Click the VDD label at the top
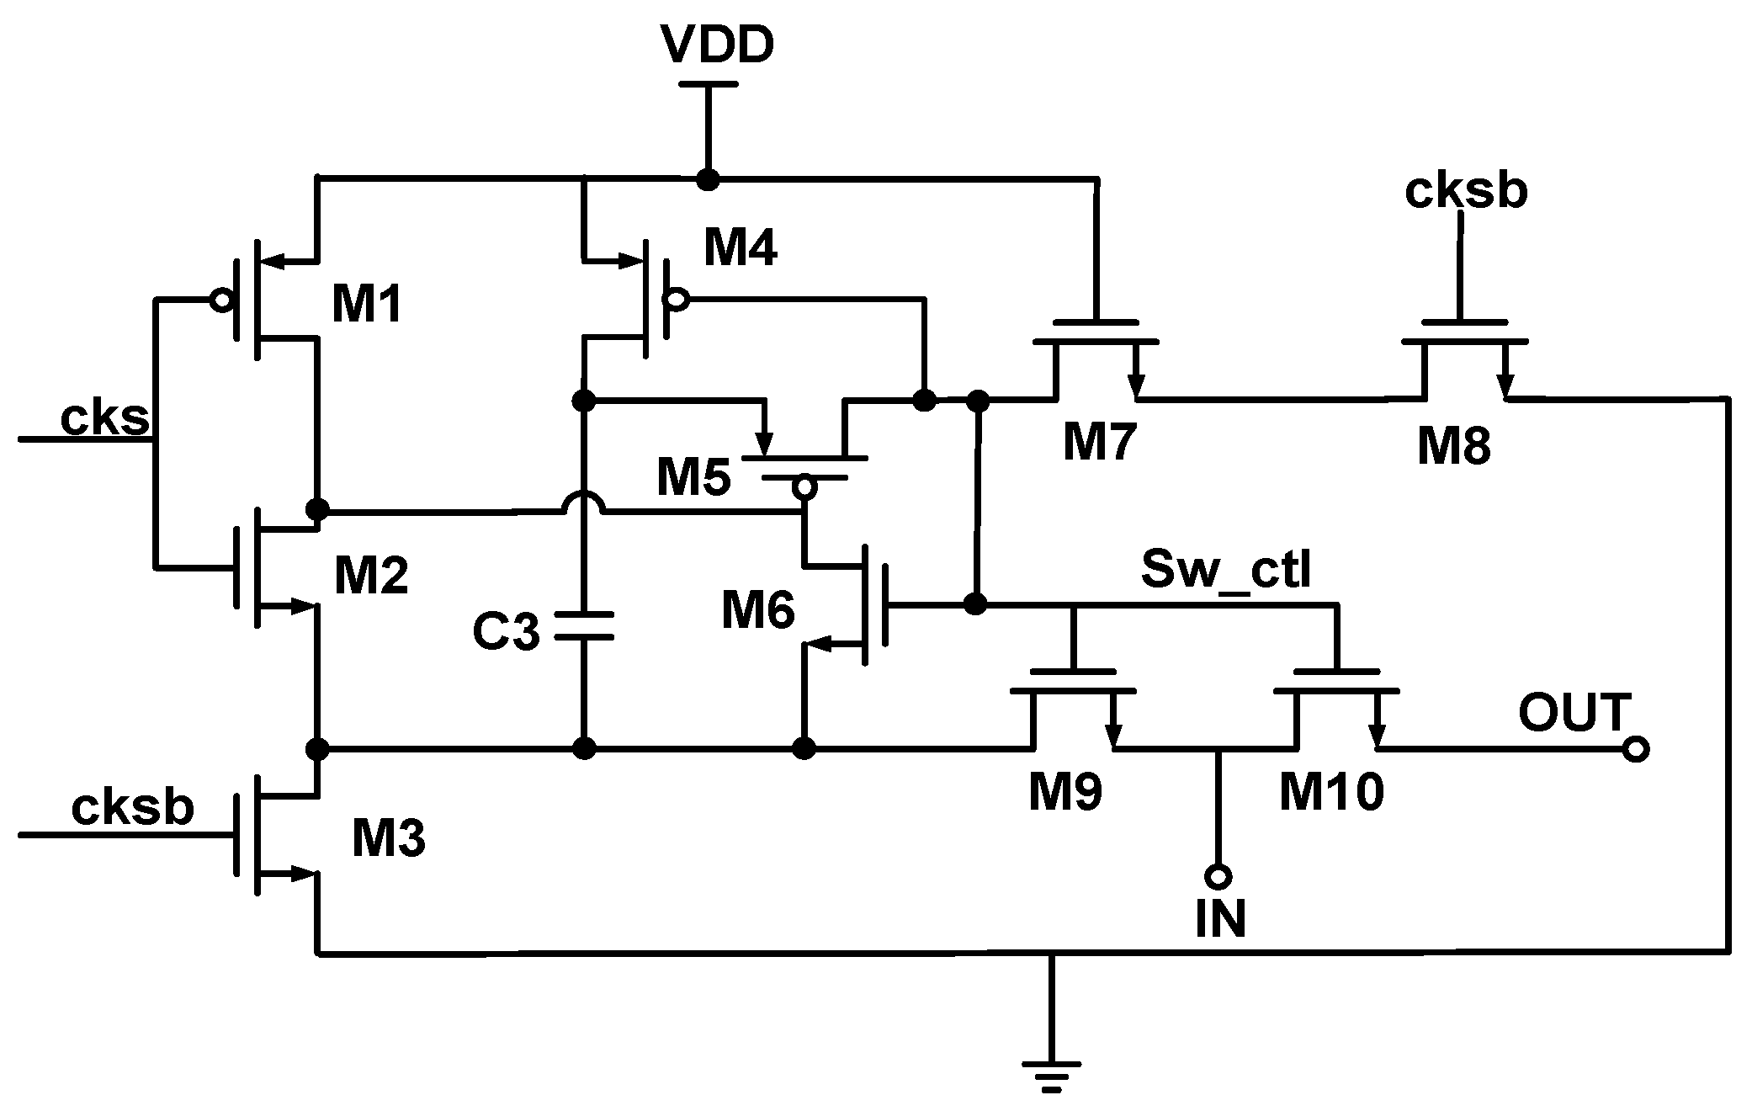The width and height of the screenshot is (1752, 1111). (x=716, y=46)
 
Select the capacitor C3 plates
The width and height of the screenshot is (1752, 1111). (x=583, y=626)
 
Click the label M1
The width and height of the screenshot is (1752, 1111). (x=368, y=305)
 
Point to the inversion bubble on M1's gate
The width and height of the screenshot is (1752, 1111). (x=221, y=300)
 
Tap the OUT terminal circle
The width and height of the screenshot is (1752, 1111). (x=1636, y=748)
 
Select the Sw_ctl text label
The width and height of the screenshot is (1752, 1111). (x=1225, y=570)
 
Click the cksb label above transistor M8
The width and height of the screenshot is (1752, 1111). (x=1466, y=192)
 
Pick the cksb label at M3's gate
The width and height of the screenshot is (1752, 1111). (x=133, y=808)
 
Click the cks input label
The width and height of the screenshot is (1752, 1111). (x=104, y=417)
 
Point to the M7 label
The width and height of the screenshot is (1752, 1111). (x=1100, y=443)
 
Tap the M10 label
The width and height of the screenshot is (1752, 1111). (x=1331, y=792)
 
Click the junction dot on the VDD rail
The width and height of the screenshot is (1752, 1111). (x=708, y=179)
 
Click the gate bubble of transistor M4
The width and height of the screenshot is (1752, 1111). (x=677, y=298)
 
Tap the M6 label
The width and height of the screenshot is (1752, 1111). (x=758, y=611)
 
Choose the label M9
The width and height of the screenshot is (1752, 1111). (x=1065, y=792)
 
